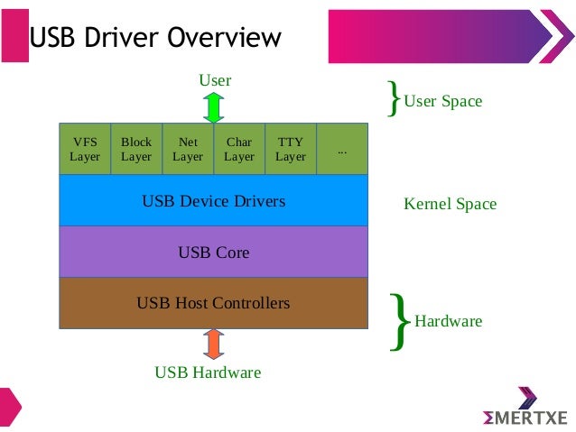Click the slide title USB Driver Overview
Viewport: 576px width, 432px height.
pos(155,37)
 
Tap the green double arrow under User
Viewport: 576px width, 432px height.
pos(213,106)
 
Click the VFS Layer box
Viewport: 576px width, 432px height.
pos(85,149)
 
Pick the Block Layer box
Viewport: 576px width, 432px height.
pos(136,149)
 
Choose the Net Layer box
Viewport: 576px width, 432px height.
pos(188,149)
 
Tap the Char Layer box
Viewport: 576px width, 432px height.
pos(239,149)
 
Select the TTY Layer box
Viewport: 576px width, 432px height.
pos(291,149)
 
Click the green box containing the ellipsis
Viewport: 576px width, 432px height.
pos(342,149)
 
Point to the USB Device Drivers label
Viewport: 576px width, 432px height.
pos(213,200)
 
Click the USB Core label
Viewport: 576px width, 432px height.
pos(213,252)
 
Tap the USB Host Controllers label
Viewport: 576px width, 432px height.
pos(213,303)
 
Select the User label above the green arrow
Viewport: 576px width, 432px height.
pos(215,80)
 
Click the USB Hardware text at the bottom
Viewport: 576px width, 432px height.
pos(208,372)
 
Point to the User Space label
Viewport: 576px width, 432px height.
pos(442,101)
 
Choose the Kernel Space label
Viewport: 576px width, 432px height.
pos(450,204)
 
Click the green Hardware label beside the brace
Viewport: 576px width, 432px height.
pos(448,321)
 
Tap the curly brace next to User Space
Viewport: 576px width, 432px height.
pos(393,98)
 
